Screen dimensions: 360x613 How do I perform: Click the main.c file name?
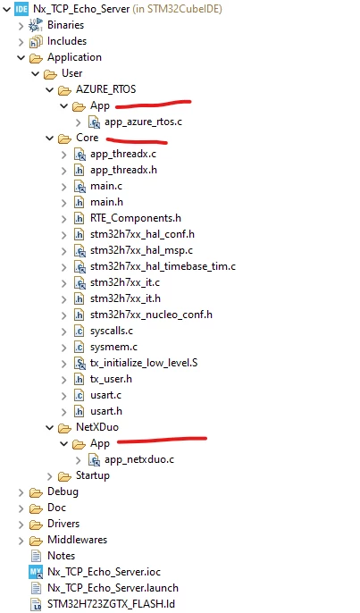pos(106,186)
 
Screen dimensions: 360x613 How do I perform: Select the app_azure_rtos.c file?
pos(143,122)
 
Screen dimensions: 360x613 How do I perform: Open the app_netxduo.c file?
pos(139,459)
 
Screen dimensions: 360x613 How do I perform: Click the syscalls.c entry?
pos(112,331)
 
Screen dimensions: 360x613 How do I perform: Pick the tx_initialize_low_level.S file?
pos(144,363)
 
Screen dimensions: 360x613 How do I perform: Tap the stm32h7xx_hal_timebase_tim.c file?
pos(163,266)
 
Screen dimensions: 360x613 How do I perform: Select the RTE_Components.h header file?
pos(136,218)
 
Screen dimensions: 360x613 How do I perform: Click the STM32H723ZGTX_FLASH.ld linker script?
pos(111,604)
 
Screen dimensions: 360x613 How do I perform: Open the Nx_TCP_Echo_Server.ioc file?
pos(104,572)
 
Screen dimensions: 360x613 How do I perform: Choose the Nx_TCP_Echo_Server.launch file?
pos(113,588)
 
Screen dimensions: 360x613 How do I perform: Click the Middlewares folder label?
pos(77,540)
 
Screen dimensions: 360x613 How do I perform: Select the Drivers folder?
pos(63,524)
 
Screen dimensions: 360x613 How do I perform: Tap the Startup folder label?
pos(93,475)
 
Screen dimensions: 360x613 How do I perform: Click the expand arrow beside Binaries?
pos(21,26)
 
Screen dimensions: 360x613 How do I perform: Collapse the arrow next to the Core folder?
pos(50,138)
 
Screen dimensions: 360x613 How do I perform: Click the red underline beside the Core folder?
pos(137,140)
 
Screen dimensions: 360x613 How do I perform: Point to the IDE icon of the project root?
pos(21,9)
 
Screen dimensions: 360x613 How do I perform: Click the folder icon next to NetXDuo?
pos(64,428)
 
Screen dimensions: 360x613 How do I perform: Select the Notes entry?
pos(61,556)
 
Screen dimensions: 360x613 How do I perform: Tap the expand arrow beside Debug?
pos(21,492)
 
